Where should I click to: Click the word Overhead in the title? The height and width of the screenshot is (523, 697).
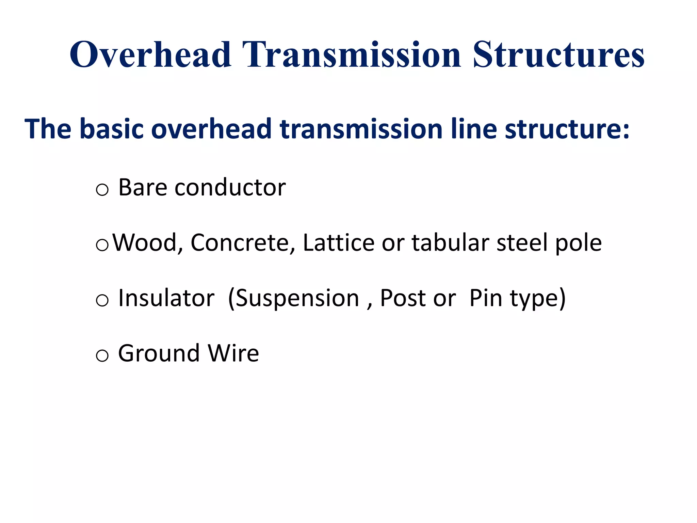pyautogui.click(x=150, y=54)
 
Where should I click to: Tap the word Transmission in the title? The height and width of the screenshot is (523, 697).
pyautogui.click(x=352, y=54)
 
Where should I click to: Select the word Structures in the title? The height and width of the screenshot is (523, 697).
pyautogui.click(x=558, y=54)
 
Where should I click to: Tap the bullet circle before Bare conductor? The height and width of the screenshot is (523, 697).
pyautogui.click(x=102, y=190)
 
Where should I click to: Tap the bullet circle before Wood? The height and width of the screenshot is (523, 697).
pyautogui.click(x=102, y=245)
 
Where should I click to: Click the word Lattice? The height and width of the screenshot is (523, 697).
pyautogui.click(x=339, y=243)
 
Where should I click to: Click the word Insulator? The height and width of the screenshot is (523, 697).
pyautogui.click(x=166, y=298)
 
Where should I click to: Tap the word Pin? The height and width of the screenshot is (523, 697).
pyautogui.click(x=486, y=298)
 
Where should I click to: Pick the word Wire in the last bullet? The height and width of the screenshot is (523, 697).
pyautogui.click(x=233, y=353)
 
